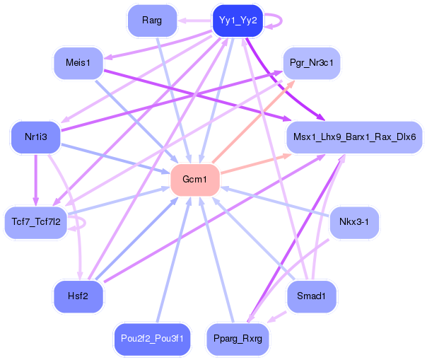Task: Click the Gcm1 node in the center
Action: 194,180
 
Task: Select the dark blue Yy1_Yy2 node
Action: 238,21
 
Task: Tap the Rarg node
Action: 151,21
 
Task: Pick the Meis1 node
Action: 78,64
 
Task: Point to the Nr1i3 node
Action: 35,137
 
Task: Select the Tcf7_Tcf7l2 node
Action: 36,221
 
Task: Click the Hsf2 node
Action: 78,296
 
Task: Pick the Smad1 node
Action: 312,296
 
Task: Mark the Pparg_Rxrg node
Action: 238,339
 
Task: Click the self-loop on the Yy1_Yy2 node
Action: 281,21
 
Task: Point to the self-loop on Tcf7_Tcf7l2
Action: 83,223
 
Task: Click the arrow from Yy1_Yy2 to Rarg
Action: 194,21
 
